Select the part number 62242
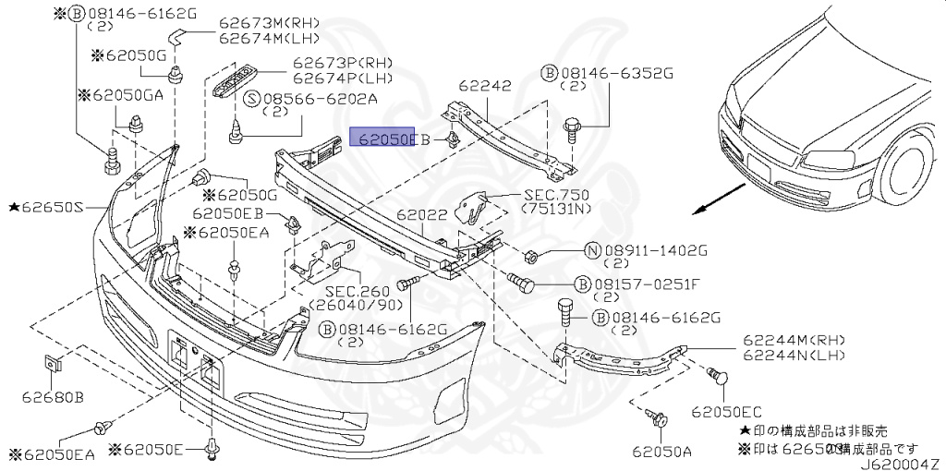[x=486, y=86]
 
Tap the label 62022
[x=422, y=214]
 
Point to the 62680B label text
[x=54, y=397]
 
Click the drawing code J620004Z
[x=902, y=463]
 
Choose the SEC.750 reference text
[x=558, y=196]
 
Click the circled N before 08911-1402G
[x=592, y=250]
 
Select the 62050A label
[x=662, y=452]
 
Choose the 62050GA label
[x=120, y=94]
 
